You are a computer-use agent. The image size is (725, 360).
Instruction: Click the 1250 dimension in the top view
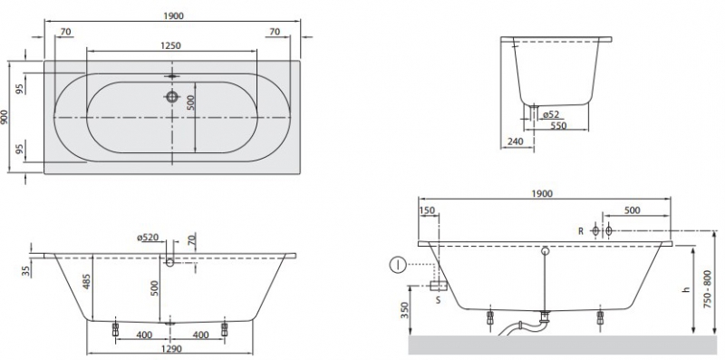tap(170, 45)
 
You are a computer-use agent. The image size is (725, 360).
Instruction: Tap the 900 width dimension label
tap(5, 117)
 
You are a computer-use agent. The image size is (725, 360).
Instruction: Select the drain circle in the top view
tap(172, 97)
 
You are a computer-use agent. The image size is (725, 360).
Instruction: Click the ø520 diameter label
tap(148, 238)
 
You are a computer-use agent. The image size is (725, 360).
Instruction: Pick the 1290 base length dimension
tap(170, 348)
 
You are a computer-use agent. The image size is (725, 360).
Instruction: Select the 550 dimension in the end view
tap(557, 125)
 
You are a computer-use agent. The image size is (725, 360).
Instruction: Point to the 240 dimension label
tap(515, 141)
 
